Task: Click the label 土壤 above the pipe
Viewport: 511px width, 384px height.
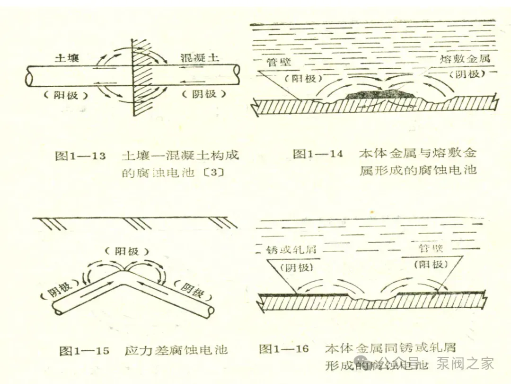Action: click(66, 58)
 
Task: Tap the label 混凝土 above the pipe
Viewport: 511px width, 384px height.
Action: click(200, 58)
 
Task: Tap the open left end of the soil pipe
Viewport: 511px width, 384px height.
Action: click(28, 75)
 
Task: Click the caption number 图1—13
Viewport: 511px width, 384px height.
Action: click(80, 156)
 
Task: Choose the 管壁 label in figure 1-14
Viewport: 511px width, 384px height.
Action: click(279, 63)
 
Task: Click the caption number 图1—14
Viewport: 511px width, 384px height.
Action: click(317, 154)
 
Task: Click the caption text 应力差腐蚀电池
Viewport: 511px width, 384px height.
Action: click(176, 350)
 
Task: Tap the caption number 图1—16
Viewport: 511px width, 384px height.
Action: click(283, 349)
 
